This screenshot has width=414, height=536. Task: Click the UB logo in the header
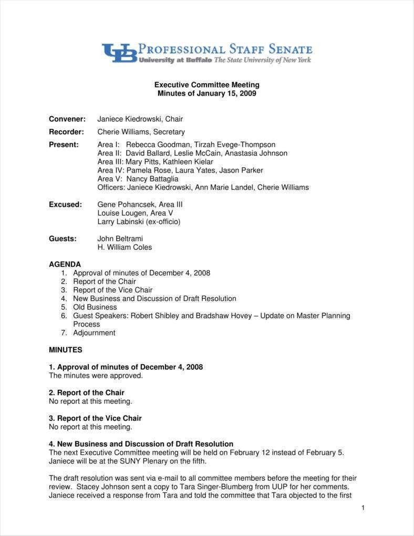click(119, 53)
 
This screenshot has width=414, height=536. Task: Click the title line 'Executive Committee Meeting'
click(206, 85)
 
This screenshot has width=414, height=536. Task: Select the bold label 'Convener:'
click(67, 119)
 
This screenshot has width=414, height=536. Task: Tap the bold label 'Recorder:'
click(66, 132)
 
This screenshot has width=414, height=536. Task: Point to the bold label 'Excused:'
click(65, 204)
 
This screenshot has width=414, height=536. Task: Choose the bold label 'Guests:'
click(63, 238)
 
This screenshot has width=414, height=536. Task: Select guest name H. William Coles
click(125, 247)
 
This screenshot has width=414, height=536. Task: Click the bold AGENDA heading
click(65, 264)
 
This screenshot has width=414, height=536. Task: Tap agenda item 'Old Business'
click(95, 307)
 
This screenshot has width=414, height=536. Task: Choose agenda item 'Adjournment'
click(94, 333)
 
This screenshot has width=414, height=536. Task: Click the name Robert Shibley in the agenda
click(154, 316)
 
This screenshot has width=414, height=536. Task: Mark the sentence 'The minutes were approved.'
click(96, 376)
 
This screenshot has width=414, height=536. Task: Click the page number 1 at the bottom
click(363, 508)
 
